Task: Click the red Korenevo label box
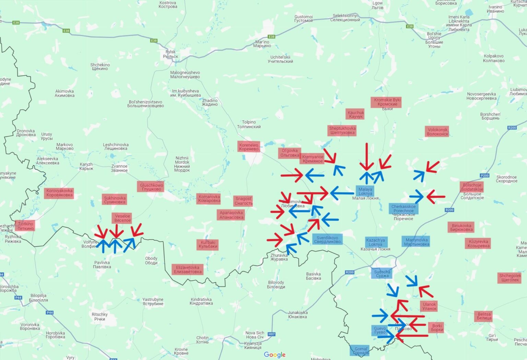249,147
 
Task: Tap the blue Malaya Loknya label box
365,191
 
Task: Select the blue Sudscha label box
382,274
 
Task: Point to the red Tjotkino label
25,226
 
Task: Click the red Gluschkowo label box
151,187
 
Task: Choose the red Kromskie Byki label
387,102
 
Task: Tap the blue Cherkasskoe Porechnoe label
403,208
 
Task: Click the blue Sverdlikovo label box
327,239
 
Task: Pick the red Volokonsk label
437,132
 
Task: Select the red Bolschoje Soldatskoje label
472,187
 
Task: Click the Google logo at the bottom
274,355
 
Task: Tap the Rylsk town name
171,54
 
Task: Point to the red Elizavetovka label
188,269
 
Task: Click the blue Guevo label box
379,330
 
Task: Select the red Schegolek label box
510,278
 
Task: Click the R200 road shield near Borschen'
512,128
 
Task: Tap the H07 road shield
271,334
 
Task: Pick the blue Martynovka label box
416,242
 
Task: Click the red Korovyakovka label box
59,193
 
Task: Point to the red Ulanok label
429,306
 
